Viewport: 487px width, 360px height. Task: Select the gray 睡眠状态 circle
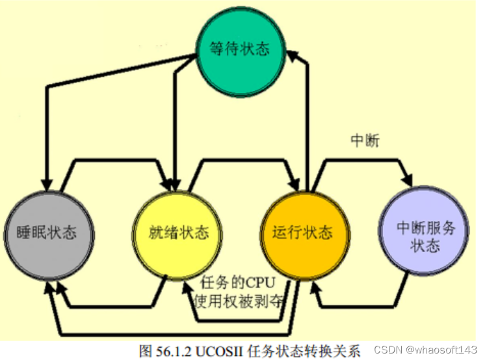pos(46,233)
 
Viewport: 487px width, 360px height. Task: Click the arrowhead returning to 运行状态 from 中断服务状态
pos(317,296)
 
